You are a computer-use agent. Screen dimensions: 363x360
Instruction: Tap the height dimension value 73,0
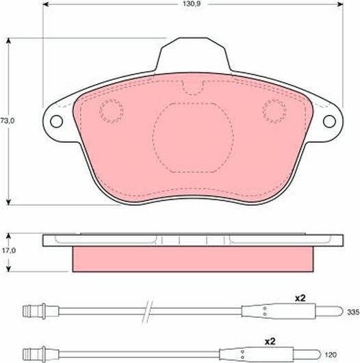point(8,120)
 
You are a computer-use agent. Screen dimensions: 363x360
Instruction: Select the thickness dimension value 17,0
point(8,251)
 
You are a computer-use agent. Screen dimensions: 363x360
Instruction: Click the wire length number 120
point(349,354)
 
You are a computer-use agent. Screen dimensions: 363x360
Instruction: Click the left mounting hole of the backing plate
point(55,121)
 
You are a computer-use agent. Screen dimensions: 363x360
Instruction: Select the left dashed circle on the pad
point(110,109)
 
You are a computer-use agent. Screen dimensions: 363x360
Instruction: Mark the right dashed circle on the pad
point(274,109)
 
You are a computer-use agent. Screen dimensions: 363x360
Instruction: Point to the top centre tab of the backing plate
point(192,55)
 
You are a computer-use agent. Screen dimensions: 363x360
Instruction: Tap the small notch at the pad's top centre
point(193,88)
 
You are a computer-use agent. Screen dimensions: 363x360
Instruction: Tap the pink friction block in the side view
point(192,258)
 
